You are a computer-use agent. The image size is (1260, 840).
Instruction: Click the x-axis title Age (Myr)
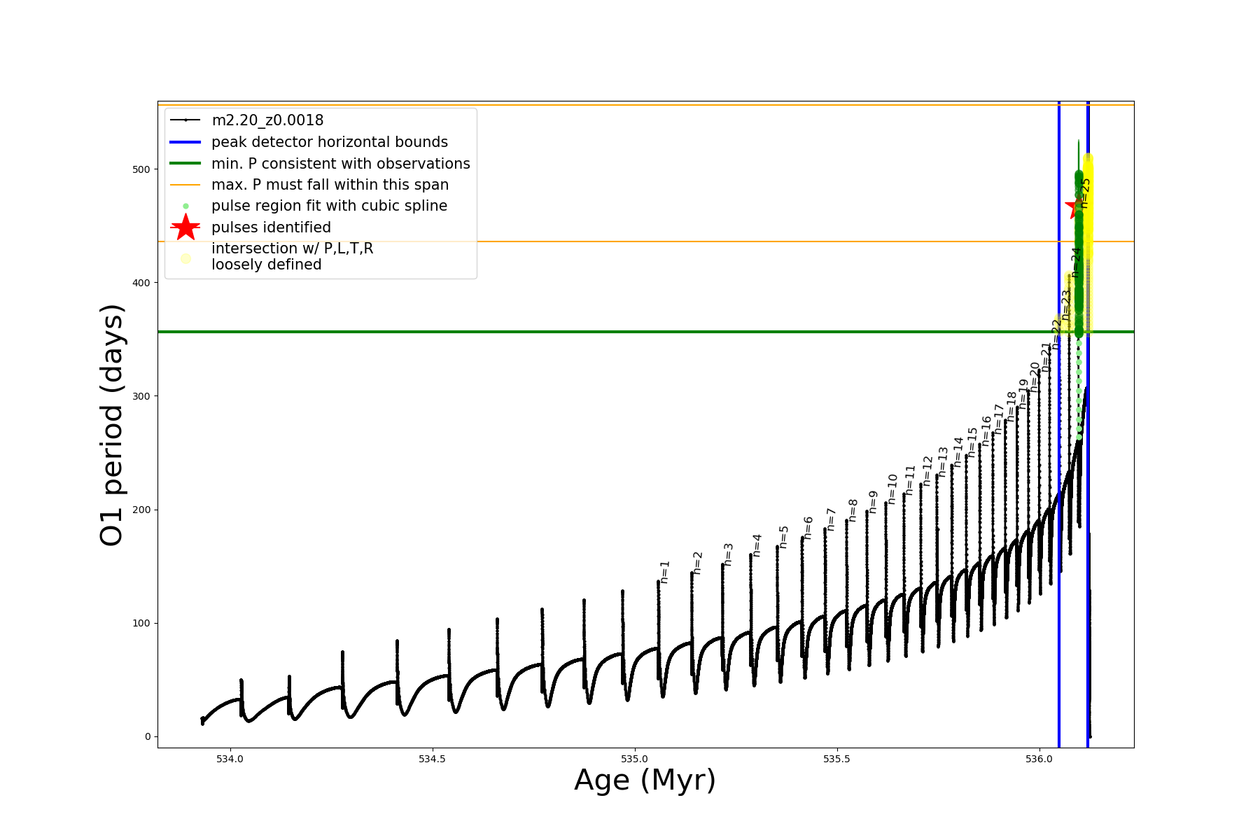pyautogui.click(x=645, y=780)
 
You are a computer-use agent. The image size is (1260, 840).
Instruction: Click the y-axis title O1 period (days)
pyautogui.click(x=112, y=425)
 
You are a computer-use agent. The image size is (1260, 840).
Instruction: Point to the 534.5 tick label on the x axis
pyautogui.click(x=432, y=759)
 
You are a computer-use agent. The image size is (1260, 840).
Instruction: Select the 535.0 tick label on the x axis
pyautogui.click(x=634, y=759)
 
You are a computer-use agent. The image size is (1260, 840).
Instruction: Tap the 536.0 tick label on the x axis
pyautogui.click(x=1039, y=759)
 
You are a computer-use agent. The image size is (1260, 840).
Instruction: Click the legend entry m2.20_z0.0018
pyautogui.click(x=267, y=120)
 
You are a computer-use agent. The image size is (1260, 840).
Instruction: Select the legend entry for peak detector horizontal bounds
pyautogui.click(x=329, y=142)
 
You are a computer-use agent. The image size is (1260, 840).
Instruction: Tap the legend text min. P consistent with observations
pyautogui.click(x=340, y=164)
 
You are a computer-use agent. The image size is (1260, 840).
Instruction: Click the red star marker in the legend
pyautogui.click(x=185, y=227)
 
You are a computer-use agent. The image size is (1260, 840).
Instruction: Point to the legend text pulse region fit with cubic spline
pyautogui.click(x=329, y=206)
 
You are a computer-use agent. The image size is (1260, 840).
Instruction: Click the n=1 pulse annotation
pyautogui.click(x=665, y=572)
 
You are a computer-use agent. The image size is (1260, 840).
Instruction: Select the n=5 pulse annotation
pyautogui.click(x=784, y=537)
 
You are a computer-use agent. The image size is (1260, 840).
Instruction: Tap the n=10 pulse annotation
pyautogui.click(x=892, y=489)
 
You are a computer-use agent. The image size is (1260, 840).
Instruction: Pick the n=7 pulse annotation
pyautogui.click(x=832, y=519)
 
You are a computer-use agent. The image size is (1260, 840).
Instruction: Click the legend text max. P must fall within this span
pyautogui.click(x=330, y=185)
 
